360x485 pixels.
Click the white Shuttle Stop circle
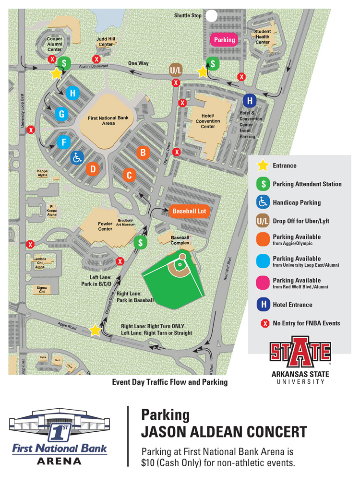click(x=211, y=16)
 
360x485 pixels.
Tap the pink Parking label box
click(x=224, y=40)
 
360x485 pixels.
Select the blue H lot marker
click(x=72, y=93)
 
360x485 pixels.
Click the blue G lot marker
click(x=61, y=114)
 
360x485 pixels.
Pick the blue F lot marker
click(x=64, y=142)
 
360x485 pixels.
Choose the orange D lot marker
click(x=93, y=169)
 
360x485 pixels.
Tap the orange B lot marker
click(x=142, y=153)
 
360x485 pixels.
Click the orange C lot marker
click(x=128, y=175)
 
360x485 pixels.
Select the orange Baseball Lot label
click(x=189, y=211)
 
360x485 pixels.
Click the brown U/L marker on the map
click(x=176, y=70)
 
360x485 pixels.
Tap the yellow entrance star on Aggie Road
click(x=95, y=330)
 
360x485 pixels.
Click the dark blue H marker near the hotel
click(x=249, y=101)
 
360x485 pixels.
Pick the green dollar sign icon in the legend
click(x=263, y=184)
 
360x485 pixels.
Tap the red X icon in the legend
click(x=263, y=323)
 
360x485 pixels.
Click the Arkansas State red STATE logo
click(x=300, y=356)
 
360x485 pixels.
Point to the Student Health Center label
click(x=263, y=37)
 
